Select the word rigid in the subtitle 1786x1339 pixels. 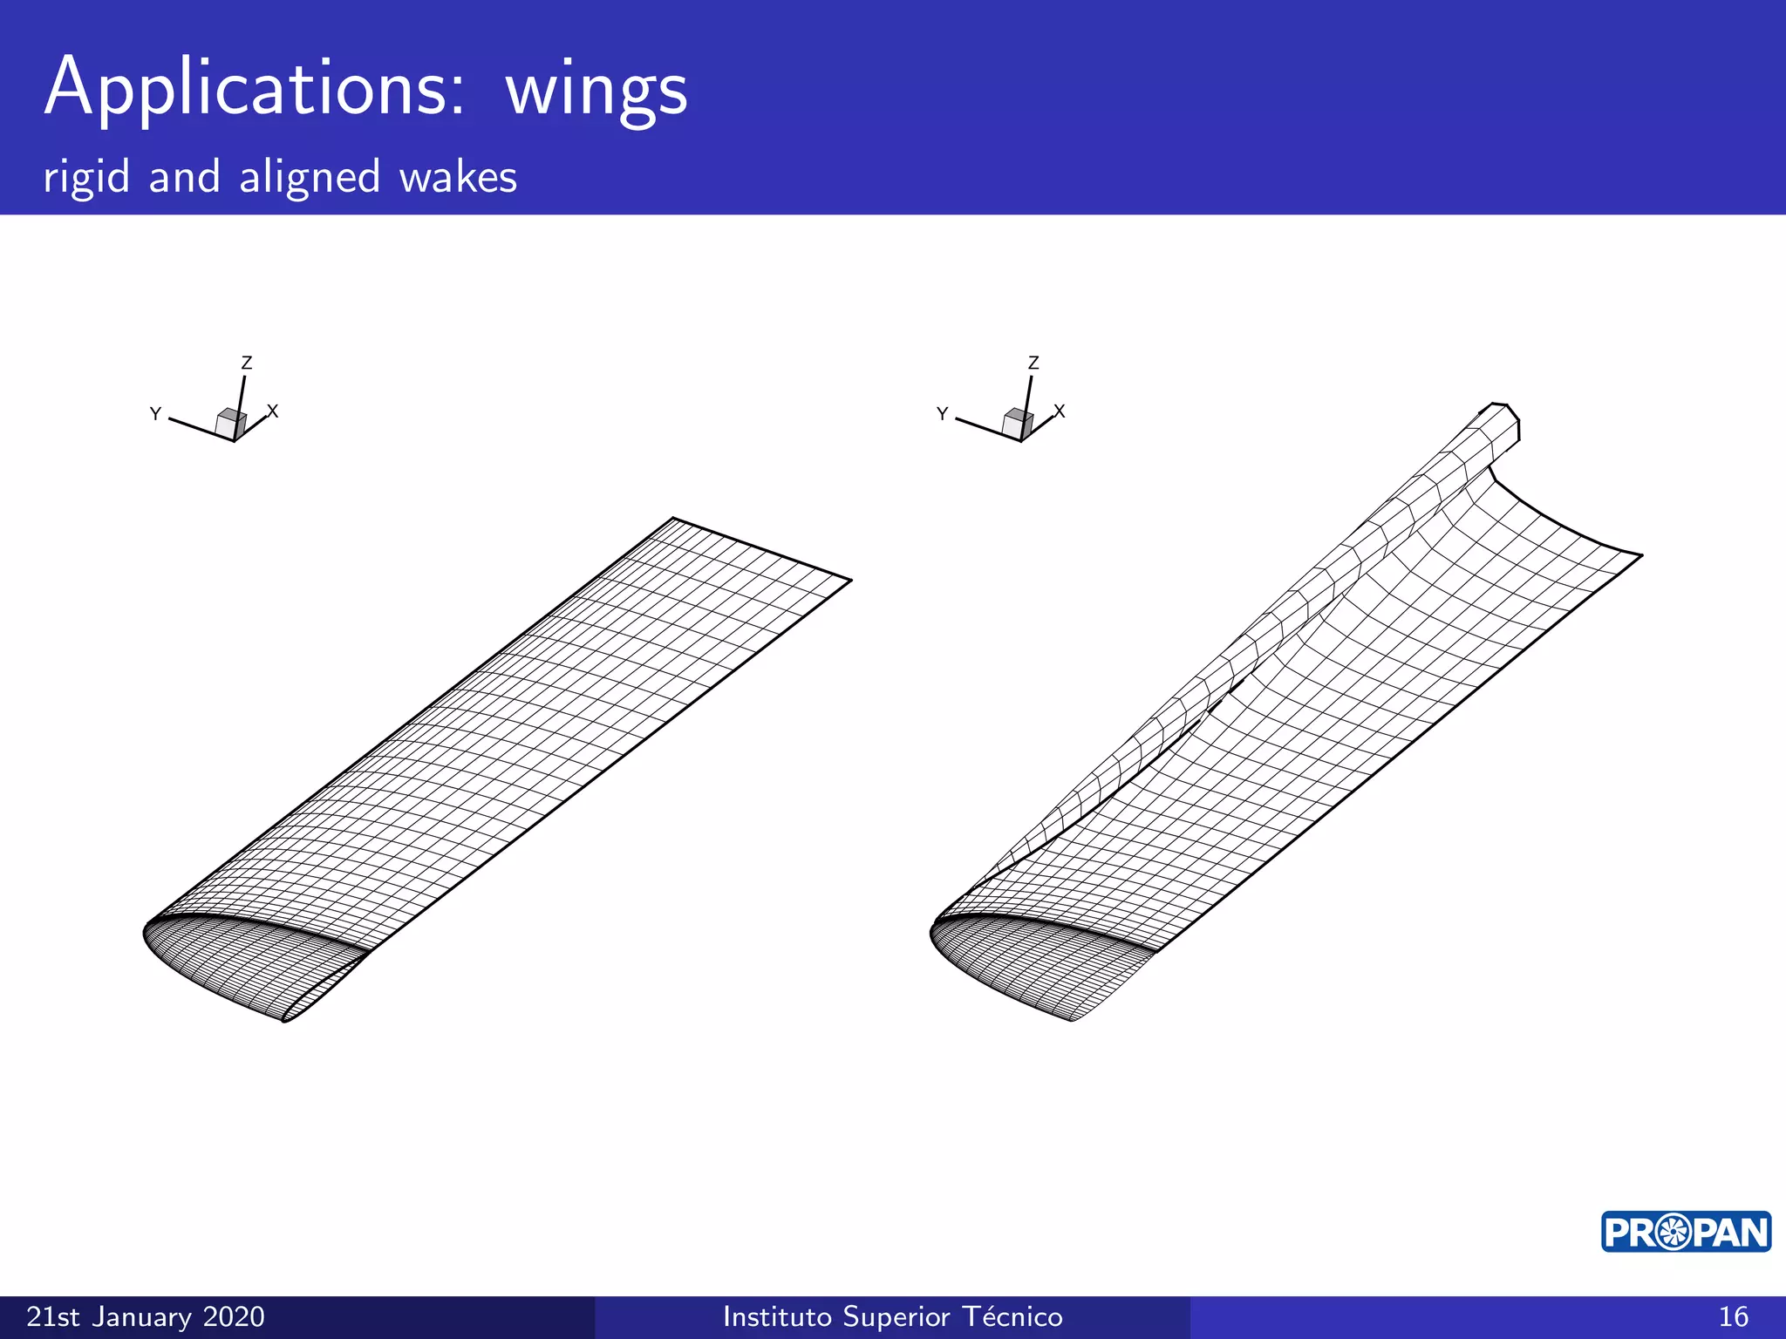(x=86, y=177)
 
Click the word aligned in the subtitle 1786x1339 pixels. (x=310, y=177)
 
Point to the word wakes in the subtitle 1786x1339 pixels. (x=458, y=177)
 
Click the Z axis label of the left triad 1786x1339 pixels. (x=247, y=363)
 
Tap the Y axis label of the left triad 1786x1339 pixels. (x=155, y=413)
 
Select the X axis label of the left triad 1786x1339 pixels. (x=273, y=411)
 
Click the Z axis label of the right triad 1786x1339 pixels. (x=1033, y=363)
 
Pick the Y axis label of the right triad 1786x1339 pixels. (x=942, y=413)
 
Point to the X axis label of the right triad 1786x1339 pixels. (x=1060, y=411)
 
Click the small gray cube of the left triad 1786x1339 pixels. (x=231, y=424)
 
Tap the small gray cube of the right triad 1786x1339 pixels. (x=1018, y=424)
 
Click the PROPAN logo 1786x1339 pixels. (x=1686, y=1232)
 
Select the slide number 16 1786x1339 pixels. (x=1733, y=1316)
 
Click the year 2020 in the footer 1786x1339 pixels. (x=233, y=1316)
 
